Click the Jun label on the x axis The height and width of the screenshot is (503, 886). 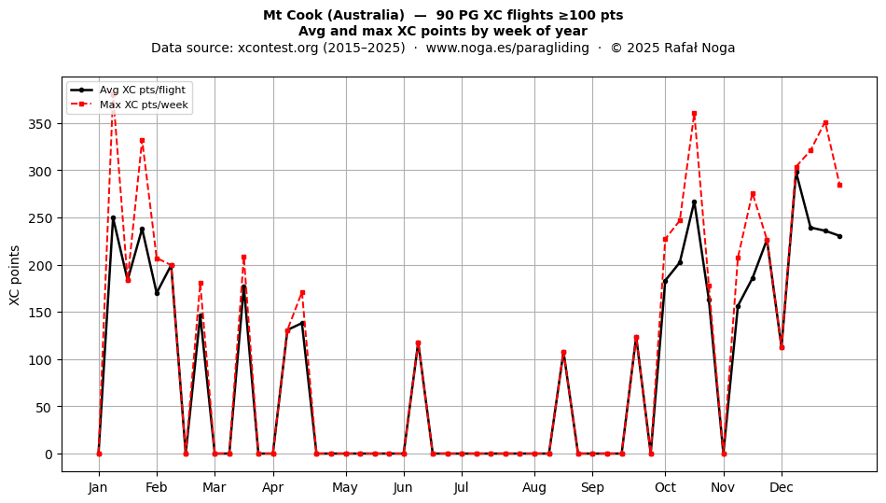pyautogui.click(x=404, y=487)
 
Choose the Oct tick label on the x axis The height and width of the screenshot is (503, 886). pyautogui.click(x=665, y=487)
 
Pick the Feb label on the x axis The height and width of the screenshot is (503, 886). pyautogui.click(x=157, y=487)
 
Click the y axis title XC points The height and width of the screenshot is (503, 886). pyautogui.click(x=15, y=275)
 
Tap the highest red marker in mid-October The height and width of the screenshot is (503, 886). pyautogui.click(x=695, y=114)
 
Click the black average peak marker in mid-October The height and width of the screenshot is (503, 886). pyautogui.click(x=695, y=202)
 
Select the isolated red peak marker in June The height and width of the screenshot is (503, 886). pyautogui.click(x=418, y=343)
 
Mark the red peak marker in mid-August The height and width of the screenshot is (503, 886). pyautogui.click(x=563, y=353)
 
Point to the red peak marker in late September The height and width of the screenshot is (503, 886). pyautogui.click(x=636, y=338)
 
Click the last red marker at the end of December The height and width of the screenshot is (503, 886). pyautogui.click(x=839, y=186)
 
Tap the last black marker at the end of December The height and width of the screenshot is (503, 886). pyautogui.click(x=839, y=236)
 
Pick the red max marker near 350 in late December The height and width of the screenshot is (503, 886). pyautogui.click(x=825, y=122)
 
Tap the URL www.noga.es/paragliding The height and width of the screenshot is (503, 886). pyautogui.click(x=507, y=48)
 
